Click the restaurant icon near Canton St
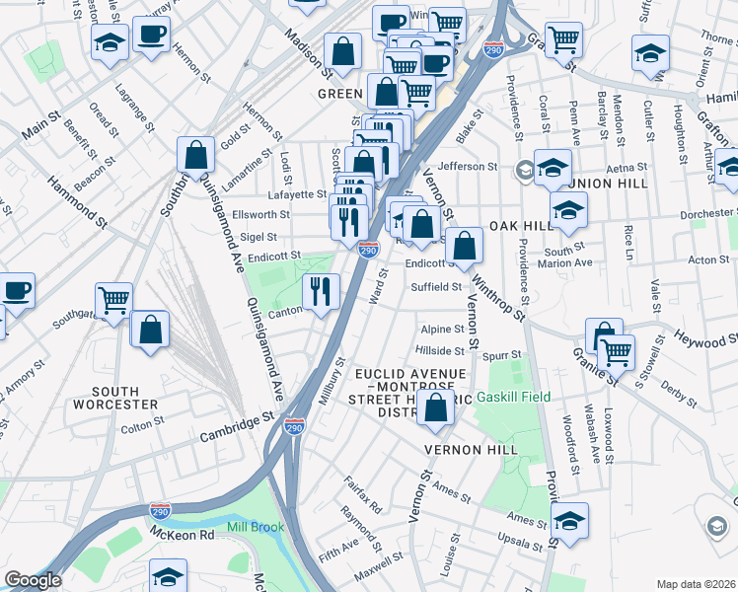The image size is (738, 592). tap(322, 291)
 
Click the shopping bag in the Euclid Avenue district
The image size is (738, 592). tap(434, 407)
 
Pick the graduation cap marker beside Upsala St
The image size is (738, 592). tap(570, 520)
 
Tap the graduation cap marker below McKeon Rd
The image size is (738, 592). tap(169, 576)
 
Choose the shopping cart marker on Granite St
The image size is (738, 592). tap(617, 351)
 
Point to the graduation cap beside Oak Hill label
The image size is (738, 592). tap(568, 210)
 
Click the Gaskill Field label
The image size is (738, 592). tap(512, 398)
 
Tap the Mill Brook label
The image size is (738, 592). tap(255, 527)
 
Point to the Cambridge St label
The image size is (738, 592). tap(236, 426)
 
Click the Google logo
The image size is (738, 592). tap(33, 580)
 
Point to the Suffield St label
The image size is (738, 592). tap(436, 287)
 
